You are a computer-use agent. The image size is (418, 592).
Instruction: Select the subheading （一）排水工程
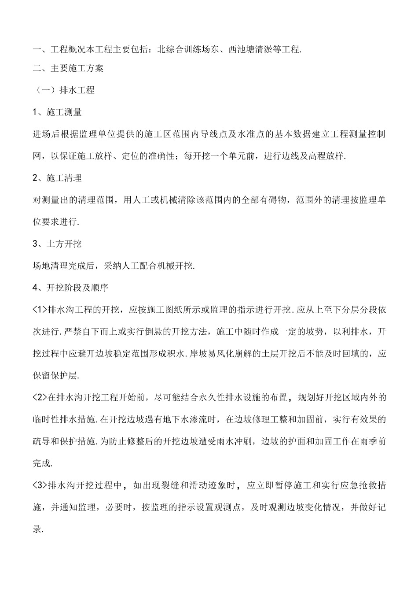64,90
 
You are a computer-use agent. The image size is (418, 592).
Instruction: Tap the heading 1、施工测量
57,112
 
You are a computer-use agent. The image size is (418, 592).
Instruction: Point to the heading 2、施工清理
57,178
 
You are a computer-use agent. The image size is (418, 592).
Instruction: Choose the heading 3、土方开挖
57,244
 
